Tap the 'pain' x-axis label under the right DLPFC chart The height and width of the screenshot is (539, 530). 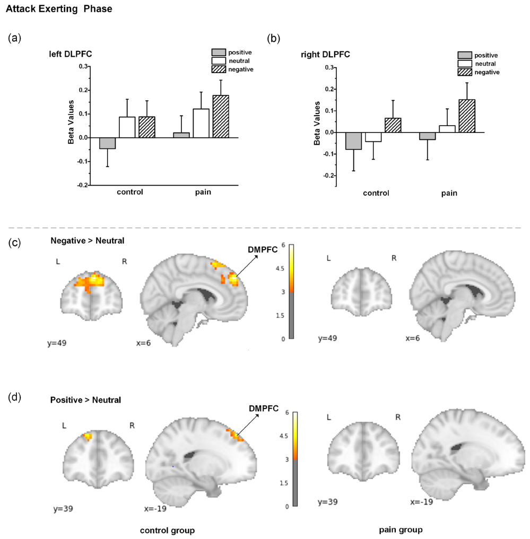pos(449,193)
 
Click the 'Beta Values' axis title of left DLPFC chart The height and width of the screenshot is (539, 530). pos(71,126)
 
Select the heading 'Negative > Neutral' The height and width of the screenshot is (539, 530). pos(88,241)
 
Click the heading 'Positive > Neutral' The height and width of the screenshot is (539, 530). pos(86,400)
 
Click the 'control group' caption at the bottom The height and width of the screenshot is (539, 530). pos(167,529)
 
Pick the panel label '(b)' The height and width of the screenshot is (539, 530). pos(274,38)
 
